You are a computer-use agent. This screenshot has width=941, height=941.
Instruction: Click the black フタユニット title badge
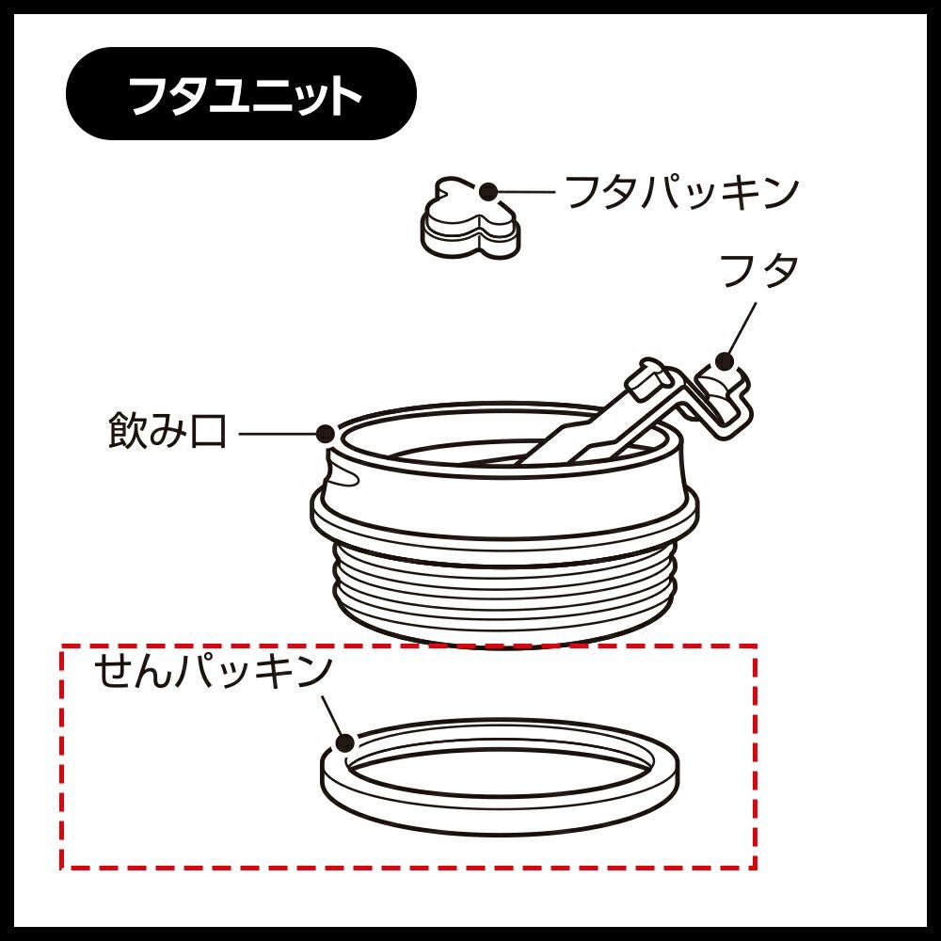click(241, 93)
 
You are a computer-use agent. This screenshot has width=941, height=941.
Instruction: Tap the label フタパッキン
click(682, 192)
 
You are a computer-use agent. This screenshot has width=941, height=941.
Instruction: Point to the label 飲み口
click(167, 430)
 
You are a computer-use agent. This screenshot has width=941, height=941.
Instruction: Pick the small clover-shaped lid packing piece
click(470, 218)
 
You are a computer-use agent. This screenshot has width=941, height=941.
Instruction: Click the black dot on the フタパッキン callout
click(489, 192)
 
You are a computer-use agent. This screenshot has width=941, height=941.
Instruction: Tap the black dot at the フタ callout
click(725, 362)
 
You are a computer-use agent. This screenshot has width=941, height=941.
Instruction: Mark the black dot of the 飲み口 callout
click(326, 433)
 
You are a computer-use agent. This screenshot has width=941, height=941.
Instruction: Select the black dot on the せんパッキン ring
click(344, 743)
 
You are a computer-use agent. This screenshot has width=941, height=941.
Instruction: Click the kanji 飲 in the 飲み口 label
click(127, 430)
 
